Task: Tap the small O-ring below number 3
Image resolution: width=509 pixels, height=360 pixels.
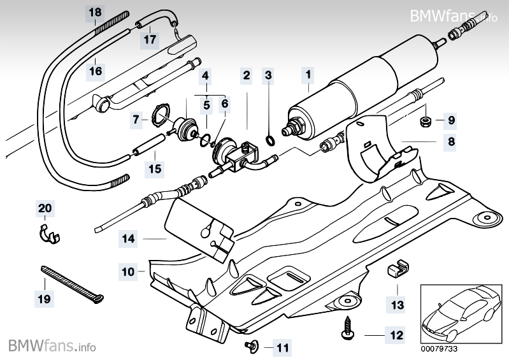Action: (x=269, y=140)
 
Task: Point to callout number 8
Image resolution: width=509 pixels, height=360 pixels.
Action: (x=452, y=142)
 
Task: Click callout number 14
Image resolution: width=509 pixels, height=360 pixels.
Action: (x=129, y=240)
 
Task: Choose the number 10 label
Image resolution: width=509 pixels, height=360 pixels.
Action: (x=129, y=272)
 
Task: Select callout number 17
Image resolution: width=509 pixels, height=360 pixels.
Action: (x=150, y=40)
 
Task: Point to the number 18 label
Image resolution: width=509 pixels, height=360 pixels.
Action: (x=95, y=12)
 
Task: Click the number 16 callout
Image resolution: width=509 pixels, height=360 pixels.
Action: (x=95, y=70)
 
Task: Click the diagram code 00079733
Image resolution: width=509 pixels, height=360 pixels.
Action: (x=438, y=349)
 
